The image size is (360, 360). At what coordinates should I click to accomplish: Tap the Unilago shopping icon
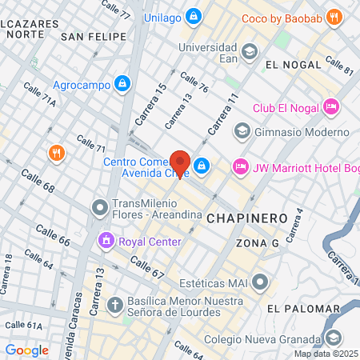[193, 16]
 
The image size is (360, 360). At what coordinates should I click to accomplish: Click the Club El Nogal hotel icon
[331, 106]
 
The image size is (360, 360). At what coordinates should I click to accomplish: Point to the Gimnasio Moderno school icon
[242, 130]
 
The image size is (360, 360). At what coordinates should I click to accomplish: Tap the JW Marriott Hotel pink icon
[239, 166]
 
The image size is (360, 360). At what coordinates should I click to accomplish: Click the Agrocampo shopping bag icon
[121, 82]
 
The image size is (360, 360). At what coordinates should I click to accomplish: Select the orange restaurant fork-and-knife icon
[55, 152]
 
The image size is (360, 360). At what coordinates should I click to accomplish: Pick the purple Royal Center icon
[106, 239]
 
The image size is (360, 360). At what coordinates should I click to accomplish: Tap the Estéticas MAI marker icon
[260, 281]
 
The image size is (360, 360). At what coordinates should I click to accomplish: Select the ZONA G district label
[257, 242]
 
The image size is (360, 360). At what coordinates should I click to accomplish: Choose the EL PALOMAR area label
[298, 308]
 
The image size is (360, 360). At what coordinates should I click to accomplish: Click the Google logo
[26, 350]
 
